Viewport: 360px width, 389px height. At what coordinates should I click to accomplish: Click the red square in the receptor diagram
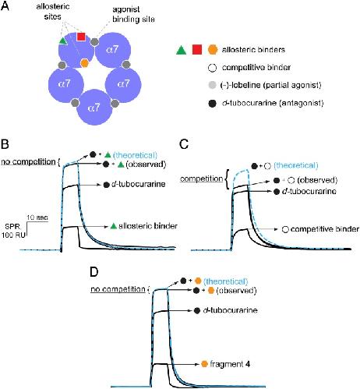point(81,37)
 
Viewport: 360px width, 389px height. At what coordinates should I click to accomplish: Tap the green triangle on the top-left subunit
point(62,41)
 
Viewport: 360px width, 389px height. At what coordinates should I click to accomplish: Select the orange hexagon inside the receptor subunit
point(84,63)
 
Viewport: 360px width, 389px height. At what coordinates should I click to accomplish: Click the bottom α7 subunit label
point(94,108)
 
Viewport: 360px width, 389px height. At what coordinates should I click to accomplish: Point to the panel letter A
point(5,6)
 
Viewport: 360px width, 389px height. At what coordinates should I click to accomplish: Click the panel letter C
point(184,144)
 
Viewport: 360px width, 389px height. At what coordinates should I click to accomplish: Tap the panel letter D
point(94,272)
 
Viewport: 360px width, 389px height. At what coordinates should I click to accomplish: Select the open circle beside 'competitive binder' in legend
point(213,68)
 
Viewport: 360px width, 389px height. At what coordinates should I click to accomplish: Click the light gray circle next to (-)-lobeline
point(213,85)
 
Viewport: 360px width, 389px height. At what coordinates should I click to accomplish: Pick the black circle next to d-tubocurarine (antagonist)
point(213,104)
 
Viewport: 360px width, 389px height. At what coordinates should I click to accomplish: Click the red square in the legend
point(197,50)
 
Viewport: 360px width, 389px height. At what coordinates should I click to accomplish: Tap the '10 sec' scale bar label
point(37,217)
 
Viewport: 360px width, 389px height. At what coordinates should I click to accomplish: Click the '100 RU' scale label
point(13,235)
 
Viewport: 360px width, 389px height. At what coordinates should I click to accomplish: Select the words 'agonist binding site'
point(133,14)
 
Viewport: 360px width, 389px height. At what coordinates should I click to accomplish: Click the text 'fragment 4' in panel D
point(230,364)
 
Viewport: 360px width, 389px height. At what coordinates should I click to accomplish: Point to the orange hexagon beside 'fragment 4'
point(205,364)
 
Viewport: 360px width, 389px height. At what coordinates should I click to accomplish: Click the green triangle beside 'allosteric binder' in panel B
point(113,226)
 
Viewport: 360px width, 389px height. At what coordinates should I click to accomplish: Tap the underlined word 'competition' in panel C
point(202,179)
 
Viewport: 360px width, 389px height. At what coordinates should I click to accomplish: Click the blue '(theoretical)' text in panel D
point(225,281)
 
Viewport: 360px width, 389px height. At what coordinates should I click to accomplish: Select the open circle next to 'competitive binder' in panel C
point(285,229)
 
